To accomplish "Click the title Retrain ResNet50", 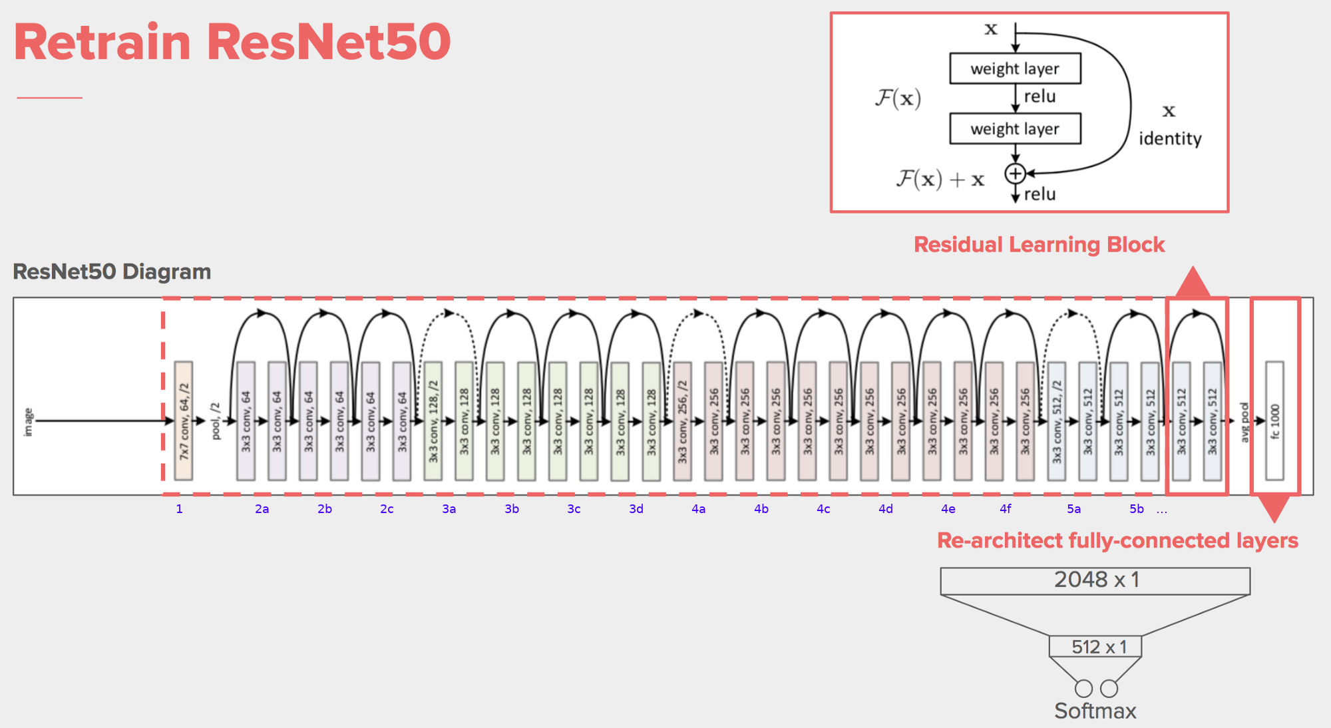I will [232, 42].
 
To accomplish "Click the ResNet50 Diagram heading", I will [112, 272].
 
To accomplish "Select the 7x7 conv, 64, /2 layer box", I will [184, 421].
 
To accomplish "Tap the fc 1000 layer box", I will [1274, 421].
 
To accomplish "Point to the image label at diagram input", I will [28, 422].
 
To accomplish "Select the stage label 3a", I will [449, 509].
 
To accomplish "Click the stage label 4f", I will [1006, 509].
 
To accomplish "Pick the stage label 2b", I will [325, 509].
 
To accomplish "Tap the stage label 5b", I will [1137, 509].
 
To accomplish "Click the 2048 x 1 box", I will [1095, 580].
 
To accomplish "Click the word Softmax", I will [1095, 711].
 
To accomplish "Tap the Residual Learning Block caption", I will [1039, 244].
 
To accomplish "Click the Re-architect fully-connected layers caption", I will [1117, 540].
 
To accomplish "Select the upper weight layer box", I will [1015, 69].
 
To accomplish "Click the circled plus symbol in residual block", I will [1016, 174].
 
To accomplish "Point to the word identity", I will [1170, 138].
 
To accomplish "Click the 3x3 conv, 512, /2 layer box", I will [1057, 421].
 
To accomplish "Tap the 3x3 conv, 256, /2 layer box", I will [682, 421].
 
